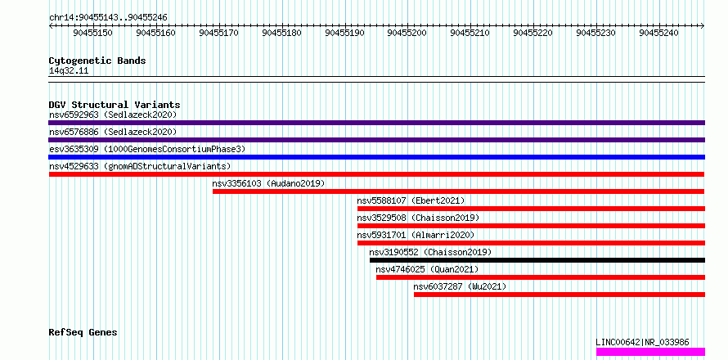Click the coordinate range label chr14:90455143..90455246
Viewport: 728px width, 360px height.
click(108, 18)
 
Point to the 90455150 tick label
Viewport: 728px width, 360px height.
click(92, 33)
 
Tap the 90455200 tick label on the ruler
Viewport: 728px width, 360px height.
click(407, 33)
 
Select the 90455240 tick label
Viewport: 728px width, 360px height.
click(658, 33)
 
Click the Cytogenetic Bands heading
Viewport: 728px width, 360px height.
click(97, 61)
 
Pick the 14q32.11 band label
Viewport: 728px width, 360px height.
click(69, 71)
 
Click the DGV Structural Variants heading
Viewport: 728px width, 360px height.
click(115, 105)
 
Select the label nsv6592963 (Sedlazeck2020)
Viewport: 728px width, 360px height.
click(113, 115)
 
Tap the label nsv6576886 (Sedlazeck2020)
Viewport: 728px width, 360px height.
click(113, 132)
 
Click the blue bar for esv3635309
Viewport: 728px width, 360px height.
click(376, 157)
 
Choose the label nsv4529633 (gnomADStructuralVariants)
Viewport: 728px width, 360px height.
click(140, 166)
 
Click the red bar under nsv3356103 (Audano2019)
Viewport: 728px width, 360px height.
click(458, 191)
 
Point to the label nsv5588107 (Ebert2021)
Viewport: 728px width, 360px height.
click(411, 200)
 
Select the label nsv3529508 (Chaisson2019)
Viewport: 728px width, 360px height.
click(418, 218)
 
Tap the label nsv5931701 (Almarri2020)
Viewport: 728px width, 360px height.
click(416, 235)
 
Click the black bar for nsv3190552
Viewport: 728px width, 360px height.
click(537, 260)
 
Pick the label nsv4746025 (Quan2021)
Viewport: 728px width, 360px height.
click(427, 269)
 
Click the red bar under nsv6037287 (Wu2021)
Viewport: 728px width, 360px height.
click(559, 295)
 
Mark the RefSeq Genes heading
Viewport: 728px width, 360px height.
click(83, 333)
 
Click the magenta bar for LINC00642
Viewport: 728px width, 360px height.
click(651, 352)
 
